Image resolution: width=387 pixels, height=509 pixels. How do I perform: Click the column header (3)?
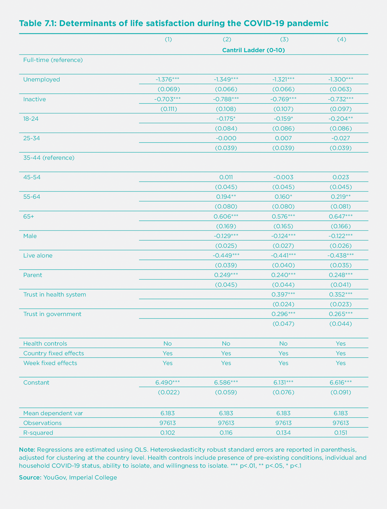pyautogui.click(x=284, y=40)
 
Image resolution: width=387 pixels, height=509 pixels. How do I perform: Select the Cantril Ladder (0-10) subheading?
pyautogui.click(x=253, y=50)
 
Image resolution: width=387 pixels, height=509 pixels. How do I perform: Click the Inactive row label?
pyautogui.click(x=34, y=99)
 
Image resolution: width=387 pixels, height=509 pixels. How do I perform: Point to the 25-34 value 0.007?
pyautogui.click(x=283, y=138)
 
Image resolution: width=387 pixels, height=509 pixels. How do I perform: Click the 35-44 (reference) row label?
pyautogui.click(x=49, y=158)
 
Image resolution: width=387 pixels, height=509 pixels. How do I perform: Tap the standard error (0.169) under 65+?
pyautogui.click(x=226, y=226)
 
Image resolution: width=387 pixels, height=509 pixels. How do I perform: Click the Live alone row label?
pyautogui.click(x=38, y=256)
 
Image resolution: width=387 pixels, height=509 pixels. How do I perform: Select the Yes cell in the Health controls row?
pyautogui.click(x=341, y=344)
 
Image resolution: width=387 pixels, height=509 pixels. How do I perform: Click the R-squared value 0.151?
pyautogui.click(x=341, y=433)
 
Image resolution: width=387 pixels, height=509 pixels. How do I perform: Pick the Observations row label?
pyautogui.click(x=42, y=423)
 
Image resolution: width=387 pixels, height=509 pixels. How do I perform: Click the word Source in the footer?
pyautogui.click(x=30, y=477)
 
